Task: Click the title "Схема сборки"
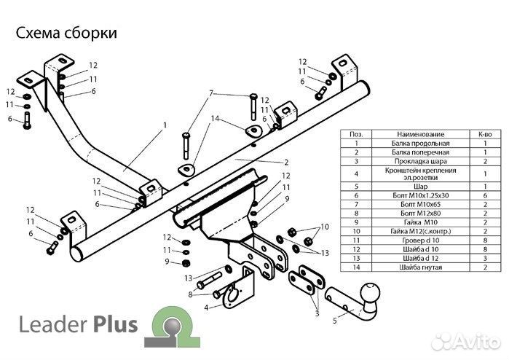pyautogui.click(x=66, y=33)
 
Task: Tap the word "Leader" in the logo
pyautogui.click(x=45, y=324)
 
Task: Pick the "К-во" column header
pyautogui.click(x=484, y=135)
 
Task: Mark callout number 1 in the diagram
pyautogui.click(x=165, y=125)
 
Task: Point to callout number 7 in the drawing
pyautogui.click(x=212, y=93)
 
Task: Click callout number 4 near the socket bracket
pyautogui.click(x=206, y=308)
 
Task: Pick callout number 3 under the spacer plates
pyautogui.click(x=317, y=313)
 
